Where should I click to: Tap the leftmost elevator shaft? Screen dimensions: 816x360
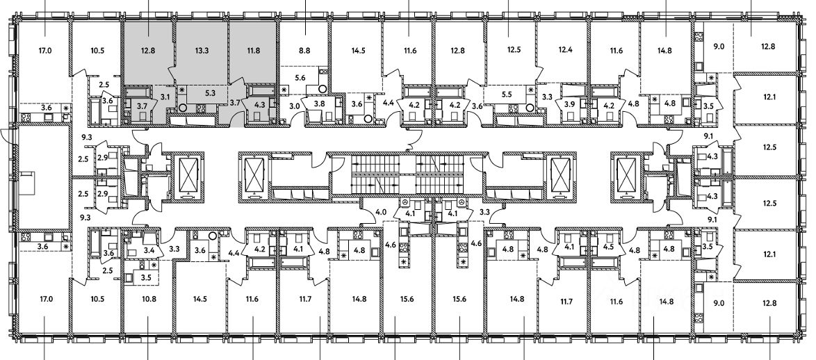tap(188, 173)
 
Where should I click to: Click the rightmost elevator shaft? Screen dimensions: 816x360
tap(627, 173)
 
